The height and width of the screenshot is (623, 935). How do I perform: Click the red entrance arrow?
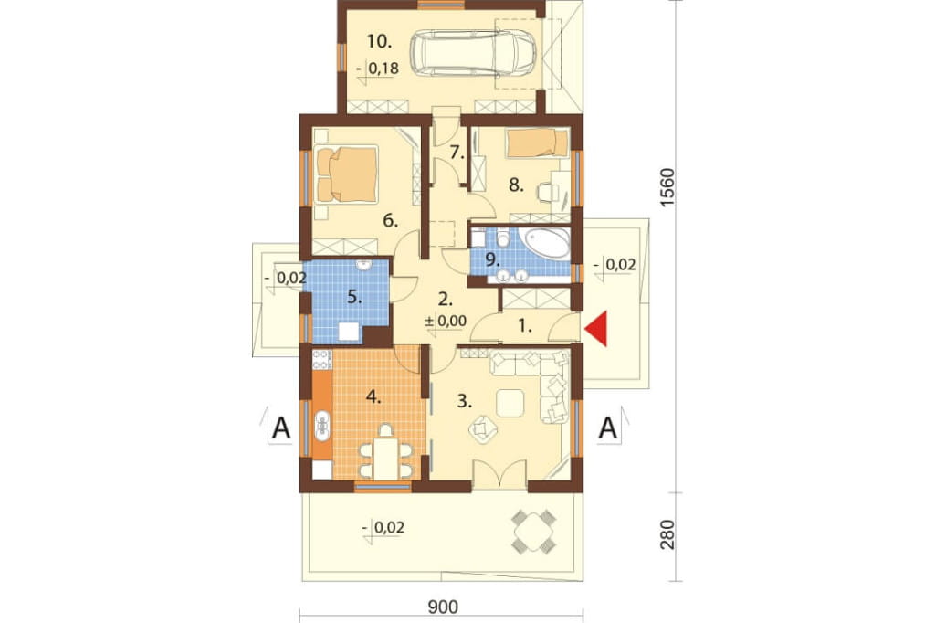click(x=598, y=328)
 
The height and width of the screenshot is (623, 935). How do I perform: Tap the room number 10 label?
click(x=379, y=42)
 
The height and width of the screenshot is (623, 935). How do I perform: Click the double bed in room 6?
click(x=347, y=175)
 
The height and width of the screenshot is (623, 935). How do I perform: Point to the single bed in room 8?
click(x=537, y=143)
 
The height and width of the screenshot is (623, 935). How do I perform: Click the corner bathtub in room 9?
click(x=544, y=243)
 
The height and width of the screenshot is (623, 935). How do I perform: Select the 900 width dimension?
click(x=443, y=607)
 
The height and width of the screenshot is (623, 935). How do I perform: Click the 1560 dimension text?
click(x=667, y=187)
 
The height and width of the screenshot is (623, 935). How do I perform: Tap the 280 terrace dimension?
click(x=667, y=534)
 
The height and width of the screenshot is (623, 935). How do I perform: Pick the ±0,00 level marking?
click(x=446, y=321)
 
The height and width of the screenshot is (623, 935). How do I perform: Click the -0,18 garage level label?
click(x=377, y=69)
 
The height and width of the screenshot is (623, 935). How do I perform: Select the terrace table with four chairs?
click(x=533, y=531)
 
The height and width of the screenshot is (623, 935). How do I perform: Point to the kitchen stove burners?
click(x=321, y=358)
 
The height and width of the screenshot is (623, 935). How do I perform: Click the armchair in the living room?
click(x=483, y=429)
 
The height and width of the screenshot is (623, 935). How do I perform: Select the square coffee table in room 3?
click(x=510, y=403)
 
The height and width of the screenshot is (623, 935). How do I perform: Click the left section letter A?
click(x=280, y=428)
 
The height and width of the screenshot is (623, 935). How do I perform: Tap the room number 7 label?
click(x=457, y=153)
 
